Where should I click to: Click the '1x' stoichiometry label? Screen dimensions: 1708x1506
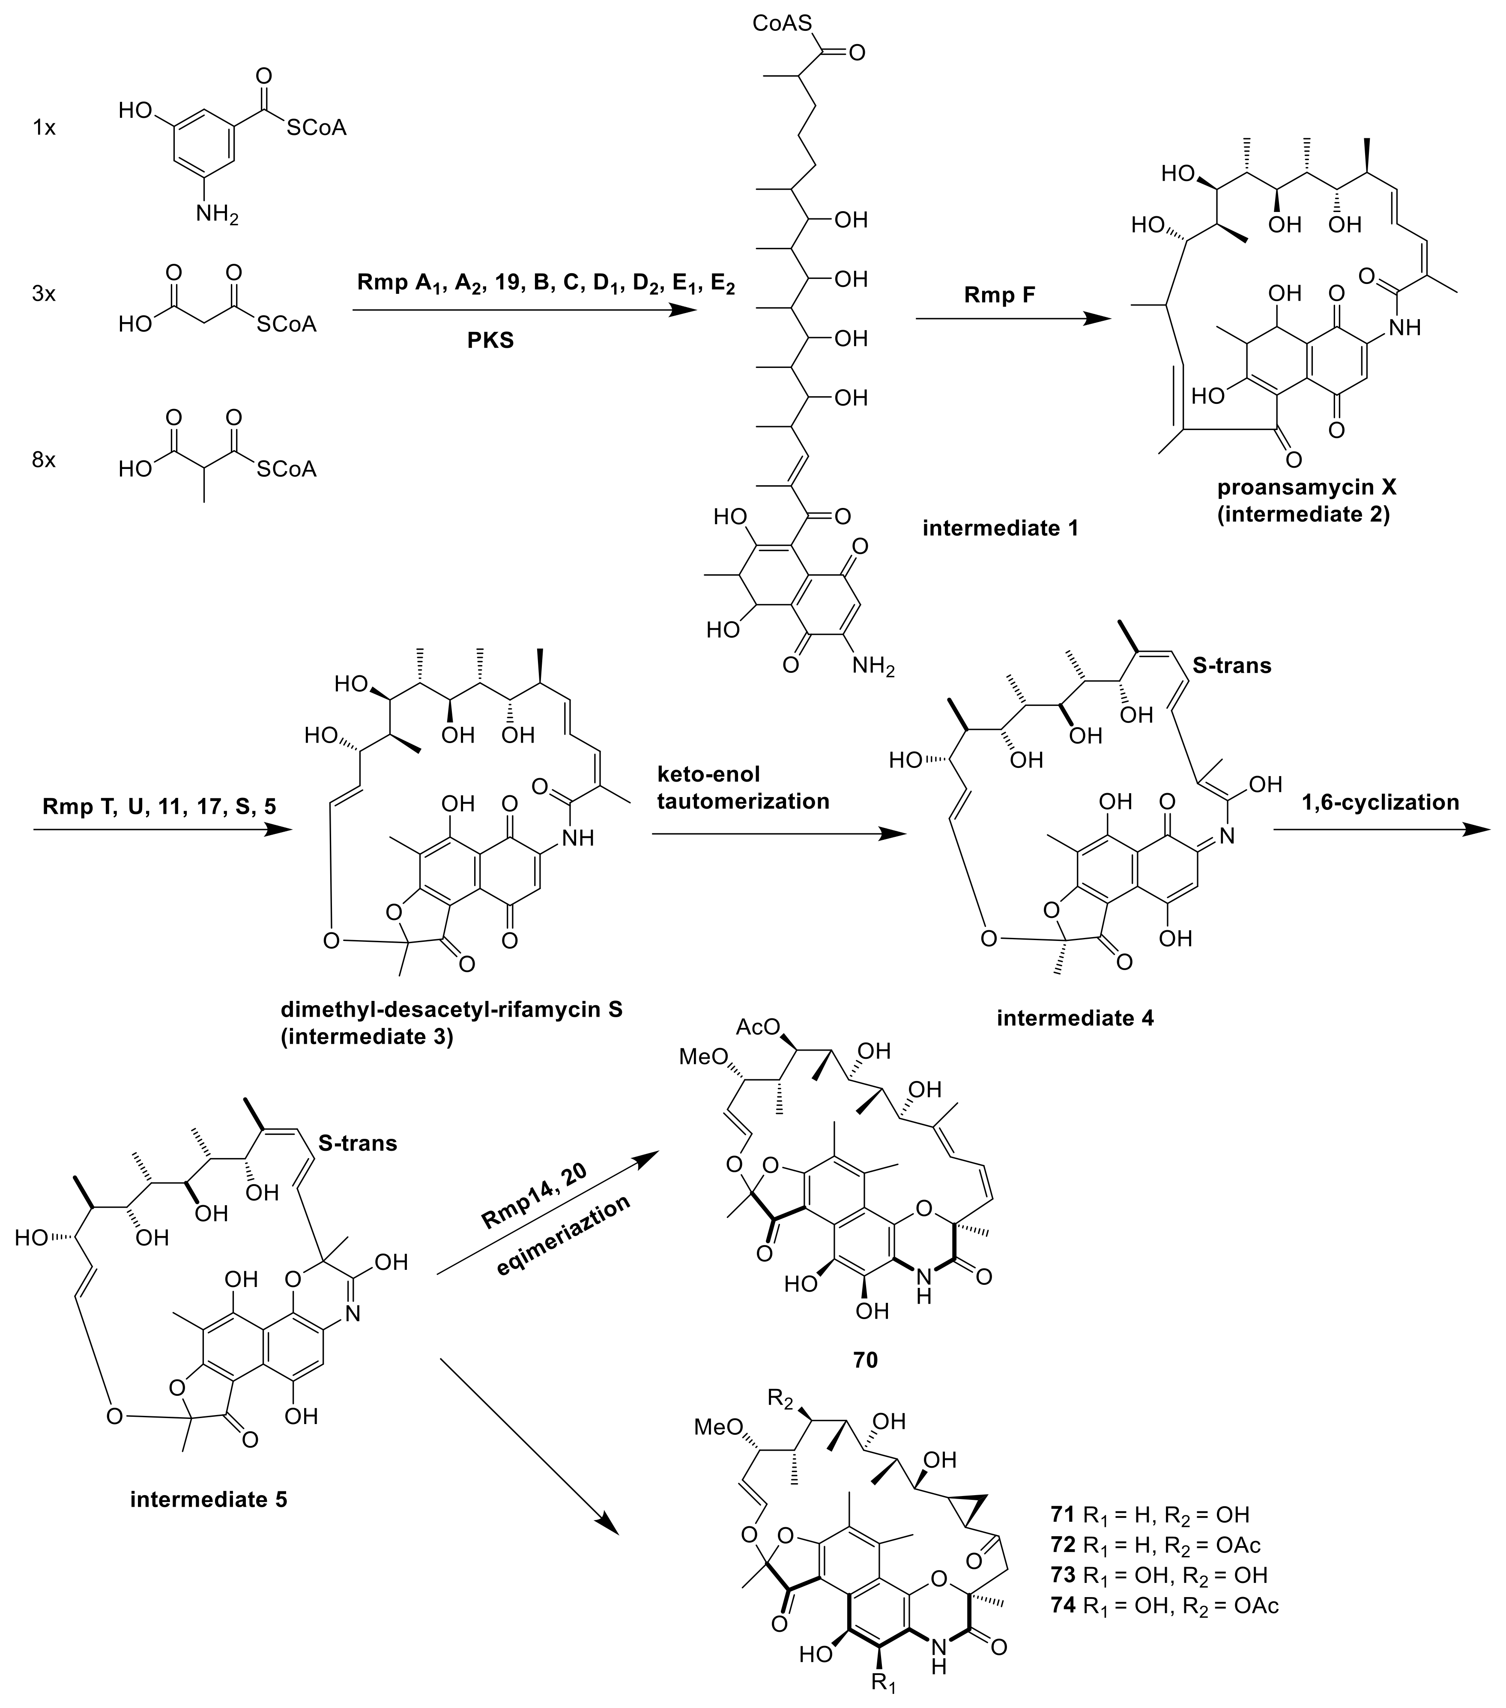43,128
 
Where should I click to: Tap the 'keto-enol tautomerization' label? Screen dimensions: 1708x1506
742,788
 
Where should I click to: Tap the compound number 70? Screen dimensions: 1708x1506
865,1359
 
